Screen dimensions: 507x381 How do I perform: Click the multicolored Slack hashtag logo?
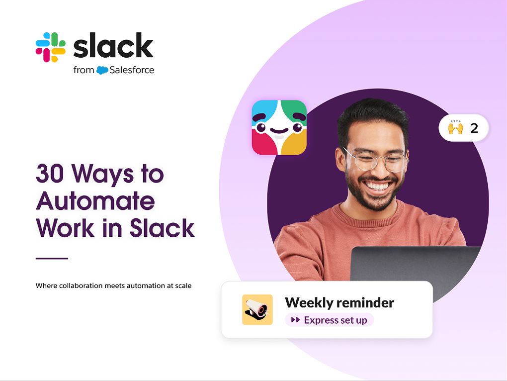click(x=50, y=47)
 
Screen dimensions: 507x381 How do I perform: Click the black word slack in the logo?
click(x=113, y=45)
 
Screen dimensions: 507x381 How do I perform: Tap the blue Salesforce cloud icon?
click(x=102, y=70)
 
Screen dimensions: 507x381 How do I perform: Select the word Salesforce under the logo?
click(x=132, y=70)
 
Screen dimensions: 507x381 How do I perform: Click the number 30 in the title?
click(x=50, y=174)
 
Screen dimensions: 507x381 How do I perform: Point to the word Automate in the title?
click(x=95, y=201)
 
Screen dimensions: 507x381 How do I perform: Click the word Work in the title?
click(x=65, y=228)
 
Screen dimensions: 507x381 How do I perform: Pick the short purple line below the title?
click(x=52, y=259)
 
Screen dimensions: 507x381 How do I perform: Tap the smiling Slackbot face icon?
click(x=279, y=127)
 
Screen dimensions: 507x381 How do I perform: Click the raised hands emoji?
click(x=455, y=128)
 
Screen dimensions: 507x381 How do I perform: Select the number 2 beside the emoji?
click(x=474, y=128)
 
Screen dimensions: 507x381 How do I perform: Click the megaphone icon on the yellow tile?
click(x=257, y=309)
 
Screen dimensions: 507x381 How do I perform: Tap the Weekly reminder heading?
click(x=339, y=303)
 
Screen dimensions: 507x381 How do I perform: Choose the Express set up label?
click(x=336, y=320)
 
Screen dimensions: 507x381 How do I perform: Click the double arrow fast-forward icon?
click(x=296, y=320)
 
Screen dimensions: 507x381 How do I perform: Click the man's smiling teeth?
click(x=377, y=186)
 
